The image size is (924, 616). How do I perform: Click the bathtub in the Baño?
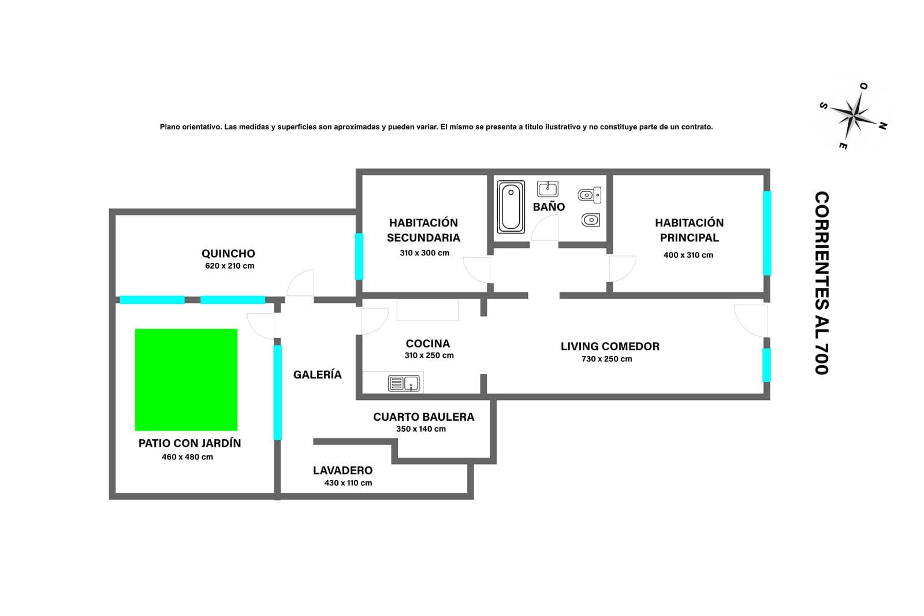point(511,207)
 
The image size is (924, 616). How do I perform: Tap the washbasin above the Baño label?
point(547,189)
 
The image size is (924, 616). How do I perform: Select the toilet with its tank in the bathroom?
point(590,195)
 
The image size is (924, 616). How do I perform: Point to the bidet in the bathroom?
point(591,220)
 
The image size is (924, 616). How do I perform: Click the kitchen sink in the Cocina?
point(404,383)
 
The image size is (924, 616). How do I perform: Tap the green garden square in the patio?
point(186,380)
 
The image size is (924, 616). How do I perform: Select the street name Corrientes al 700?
point(821,283)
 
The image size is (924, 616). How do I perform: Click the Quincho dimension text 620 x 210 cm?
point(230,266)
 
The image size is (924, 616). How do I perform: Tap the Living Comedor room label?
point(610,346)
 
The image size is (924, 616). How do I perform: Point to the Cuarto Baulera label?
point(424,417)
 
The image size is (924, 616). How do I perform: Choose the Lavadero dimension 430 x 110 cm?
point(348,483)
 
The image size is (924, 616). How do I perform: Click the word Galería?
point(318,374)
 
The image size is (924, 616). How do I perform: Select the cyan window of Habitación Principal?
point(767,233)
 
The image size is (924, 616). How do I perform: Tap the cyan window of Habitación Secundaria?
point(359,257)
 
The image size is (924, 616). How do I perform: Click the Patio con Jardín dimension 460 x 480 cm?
point(187,457)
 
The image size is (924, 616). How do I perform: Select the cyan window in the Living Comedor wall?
point(766,365)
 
